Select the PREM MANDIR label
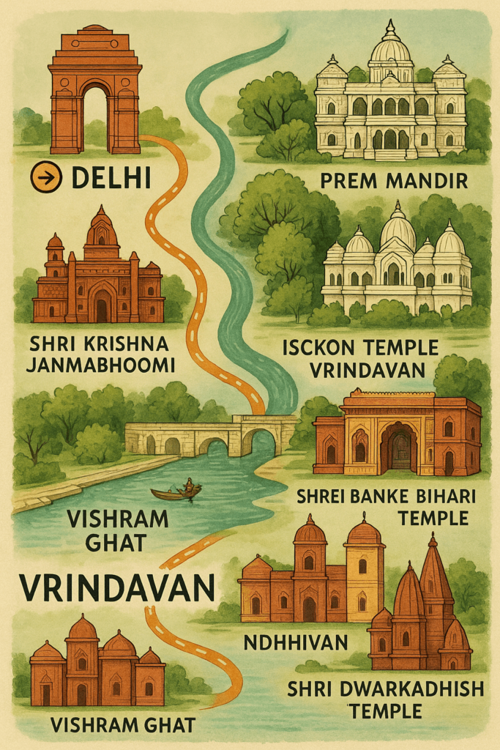(395, 180)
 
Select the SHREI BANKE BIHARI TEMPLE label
(387, 507)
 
